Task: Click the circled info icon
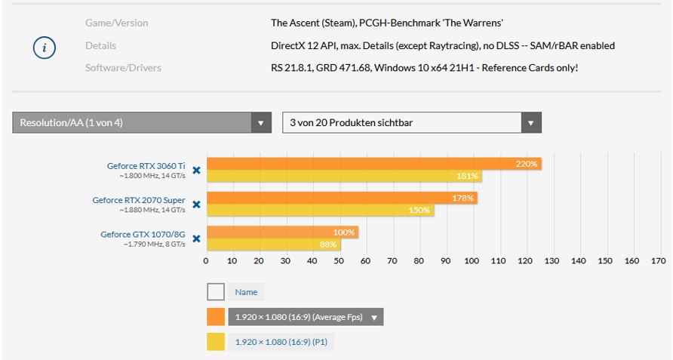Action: click(45, 47)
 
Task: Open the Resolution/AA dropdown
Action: click(261, 122)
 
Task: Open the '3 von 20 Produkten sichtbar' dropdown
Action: click(530, 122)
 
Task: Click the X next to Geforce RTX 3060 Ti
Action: click(196, 171)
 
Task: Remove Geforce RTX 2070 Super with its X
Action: click(196, 205)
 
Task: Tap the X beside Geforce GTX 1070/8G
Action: click(196, 238)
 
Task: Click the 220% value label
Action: click(527, 164)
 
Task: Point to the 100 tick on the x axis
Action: click(472, 261)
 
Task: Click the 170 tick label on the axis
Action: click(658, 261)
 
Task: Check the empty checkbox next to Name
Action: click(216, 292)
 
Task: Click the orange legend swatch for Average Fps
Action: click(216, 317)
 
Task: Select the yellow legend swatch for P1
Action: click(216, 342)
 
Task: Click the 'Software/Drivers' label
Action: click(123, 68)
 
